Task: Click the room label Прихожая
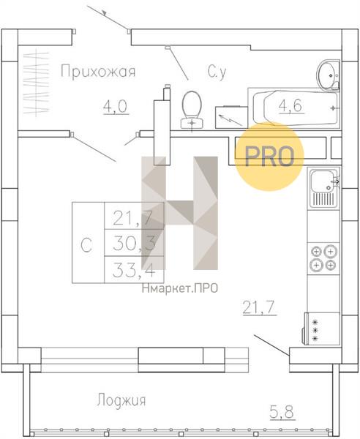click(x=98, y=71)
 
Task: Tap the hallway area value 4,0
click(x=116, y=107)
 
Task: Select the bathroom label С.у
click(x=217, y=72)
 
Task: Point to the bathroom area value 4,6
click(x=292, y=106)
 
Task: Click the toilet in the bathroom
click(x=192, y=110)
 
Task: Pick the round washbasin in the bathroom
click(x=329, y=75)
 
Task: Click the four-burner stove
click(x=323, y=258)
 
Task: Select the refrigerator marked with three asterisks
click(x=322, y=329)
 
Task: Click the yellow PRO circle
click(x=269, y=157)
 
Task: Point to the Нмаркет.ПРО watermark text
click(x=180, y=288)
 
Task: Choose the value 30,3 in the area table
click(x=134, y=243)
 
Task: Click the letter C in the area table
click(x=86, y=245)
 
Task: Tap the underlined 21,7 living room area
click(x=260, y=308)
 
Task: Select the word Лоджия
click(x=121, y=399)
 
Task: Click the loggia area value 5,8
click(x=282, y=413)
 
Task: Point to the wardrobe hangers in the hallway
click(x=37, y=83)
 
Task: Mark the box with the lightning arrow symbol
click(x=231, y=117)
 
